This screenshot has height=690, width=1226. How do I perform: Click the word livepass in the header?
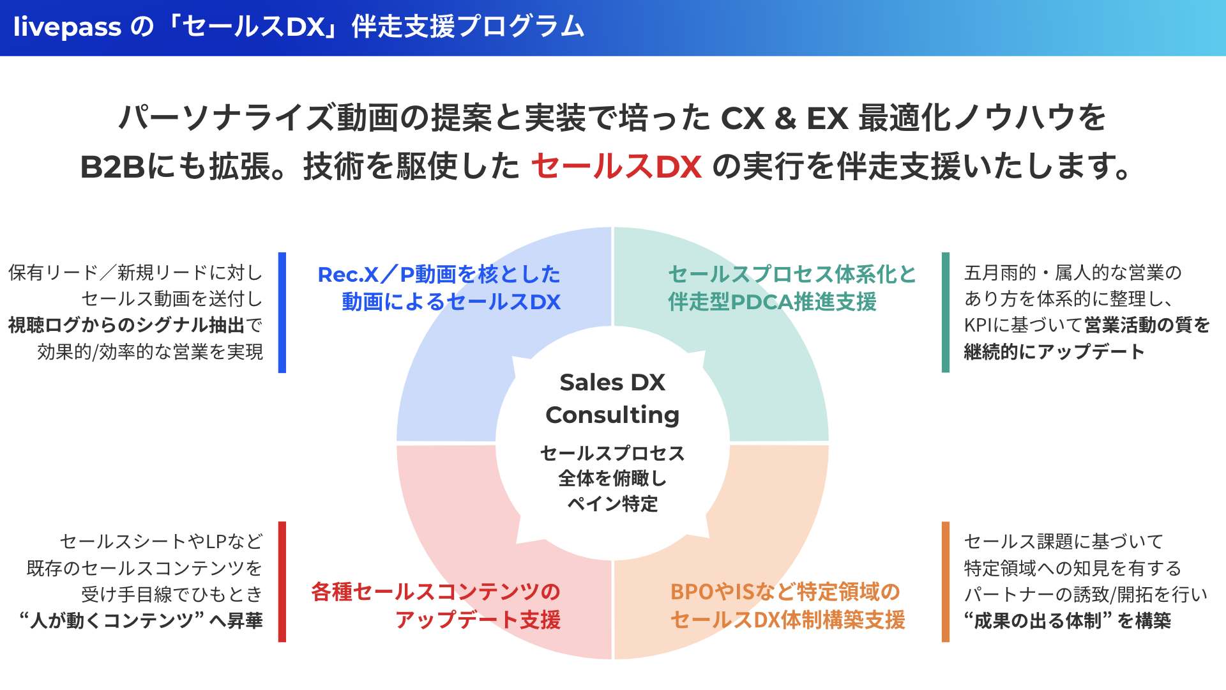[67, 27]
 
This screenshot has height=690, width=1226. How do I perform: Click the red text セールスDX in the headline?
[616, 166]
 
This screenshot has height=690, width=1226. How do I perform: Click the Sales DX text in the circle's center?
[612, 382]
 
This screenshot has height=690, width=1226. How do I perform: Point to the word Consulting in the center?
[612, 415]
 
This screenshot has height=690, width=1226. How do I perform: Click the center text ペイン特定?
[612, 504]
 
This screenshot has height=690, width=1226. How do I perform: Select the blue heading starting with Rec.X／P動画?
[439, 275]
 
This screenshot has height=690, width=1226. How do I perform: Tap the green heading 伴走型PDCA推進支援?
[772, 302]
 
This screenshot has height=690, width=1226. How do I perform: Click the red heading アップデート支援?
[478, 620]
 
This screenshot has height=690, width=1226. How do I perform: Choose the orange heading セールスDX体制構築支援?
[787, 620]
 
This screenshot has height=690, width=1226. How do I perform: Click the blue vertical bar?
[282, 312]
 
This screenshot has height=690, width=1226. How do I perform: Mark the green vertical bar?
[946, 312]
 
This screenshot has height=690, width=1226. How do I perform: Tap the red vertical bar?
[282, 581]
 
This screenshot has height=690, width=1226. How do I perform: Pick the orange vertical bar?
[946, 581]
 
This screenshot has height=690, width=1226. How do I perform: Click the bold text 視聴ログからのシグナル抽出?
[126, 325]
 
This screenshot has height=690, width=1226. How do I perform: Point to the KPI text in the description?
[978, 325]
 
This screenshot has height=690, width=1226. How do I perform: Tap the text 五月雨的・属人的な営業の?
[1073, 273]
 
